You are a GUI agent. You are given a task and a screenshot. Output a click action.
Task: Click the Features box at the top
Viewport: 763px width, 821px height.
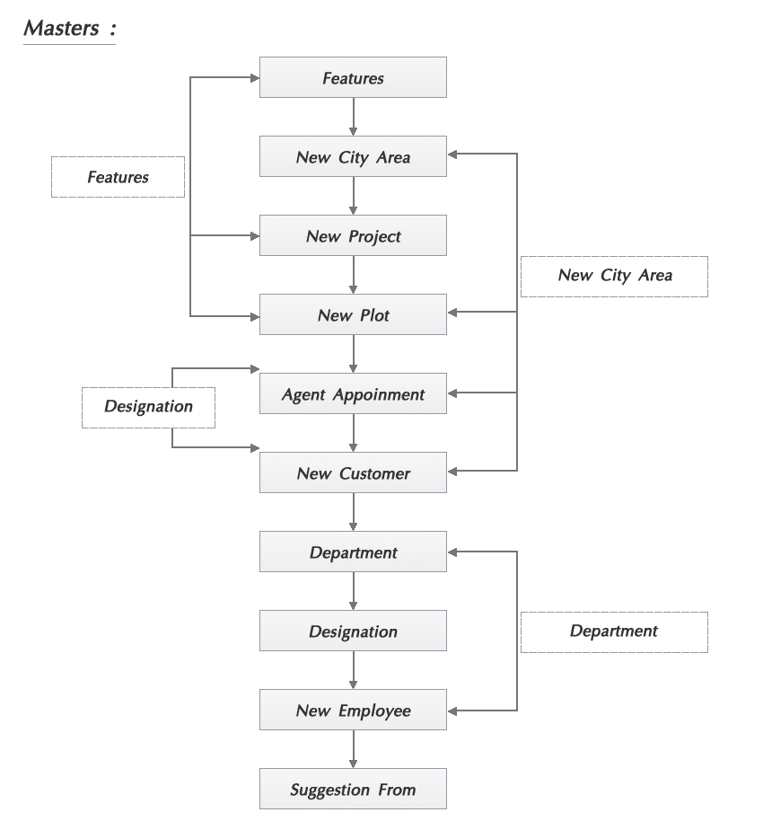click(353, 78)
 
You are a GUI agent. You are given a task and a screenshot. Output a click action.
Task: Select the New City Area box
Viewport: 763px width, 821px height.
click(353, 157)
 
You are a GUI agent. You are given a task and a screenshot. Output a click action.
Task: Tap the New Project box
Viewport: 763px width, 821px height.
click(353, 236)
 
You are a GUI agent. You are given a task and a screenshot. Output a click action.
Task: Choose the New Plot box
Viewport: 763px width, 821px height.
click(353, 315)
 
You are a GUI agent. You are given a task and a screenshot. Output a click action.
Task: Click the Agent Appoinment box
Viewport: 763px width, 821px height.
click(353, 394)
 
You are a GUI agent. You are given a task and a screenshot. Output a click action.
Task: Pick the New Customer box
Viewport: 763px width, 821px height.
click(353, 473)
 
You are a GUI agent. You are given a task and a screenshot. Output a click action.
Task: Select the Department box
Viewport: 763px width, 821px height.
click(353, 552)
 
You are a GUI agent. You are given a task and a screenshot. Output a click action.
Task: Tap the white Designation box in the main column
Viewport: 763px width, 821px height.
click(353, 631)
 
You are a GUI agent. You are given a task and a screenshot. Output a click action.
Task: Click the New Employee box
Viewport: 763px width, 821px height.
click(353, 711)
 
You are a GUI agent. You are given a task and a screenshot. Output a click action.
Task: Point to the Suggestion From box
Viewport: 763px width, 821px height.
click(353, 790)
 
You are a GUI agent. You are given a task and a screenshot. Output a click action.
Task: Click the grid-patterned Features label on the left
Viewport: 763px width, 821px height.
click(118, 177)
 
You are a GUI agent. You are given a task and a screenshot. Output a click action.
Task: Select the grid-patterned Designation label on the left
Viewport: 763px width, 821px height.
click(148, 407)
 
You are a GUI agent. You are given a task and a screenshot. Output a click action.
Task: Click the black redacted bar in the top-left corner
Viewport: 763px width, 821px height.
click(69, 32)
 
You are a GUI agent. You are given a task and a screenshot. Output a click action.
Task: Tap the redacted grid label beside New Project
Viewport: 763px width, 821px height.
click(614, 277)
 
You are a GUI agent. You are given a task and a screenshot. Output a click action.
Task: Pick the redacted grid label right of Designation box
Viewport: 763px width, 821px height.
click(614, 632)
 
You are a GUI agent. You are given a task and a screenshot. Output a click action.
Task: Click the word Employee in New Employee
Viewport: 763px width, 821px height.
click(374, 711)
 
